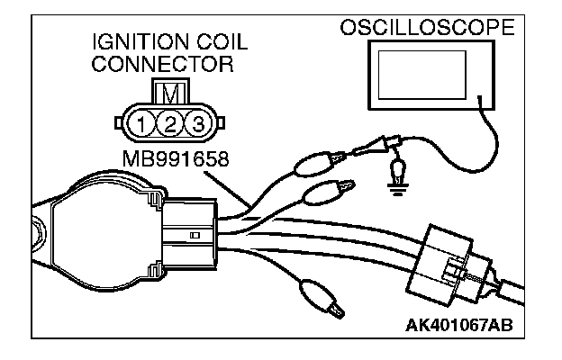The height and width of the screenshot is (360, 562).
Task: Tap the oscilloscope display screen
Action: tap(424, 79)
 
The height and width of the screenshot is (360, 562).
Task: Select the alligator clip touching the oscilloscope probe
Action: tap(316, 165)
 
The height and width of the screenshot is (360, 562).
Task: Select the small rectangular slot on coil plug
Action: tap(195, 235)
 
